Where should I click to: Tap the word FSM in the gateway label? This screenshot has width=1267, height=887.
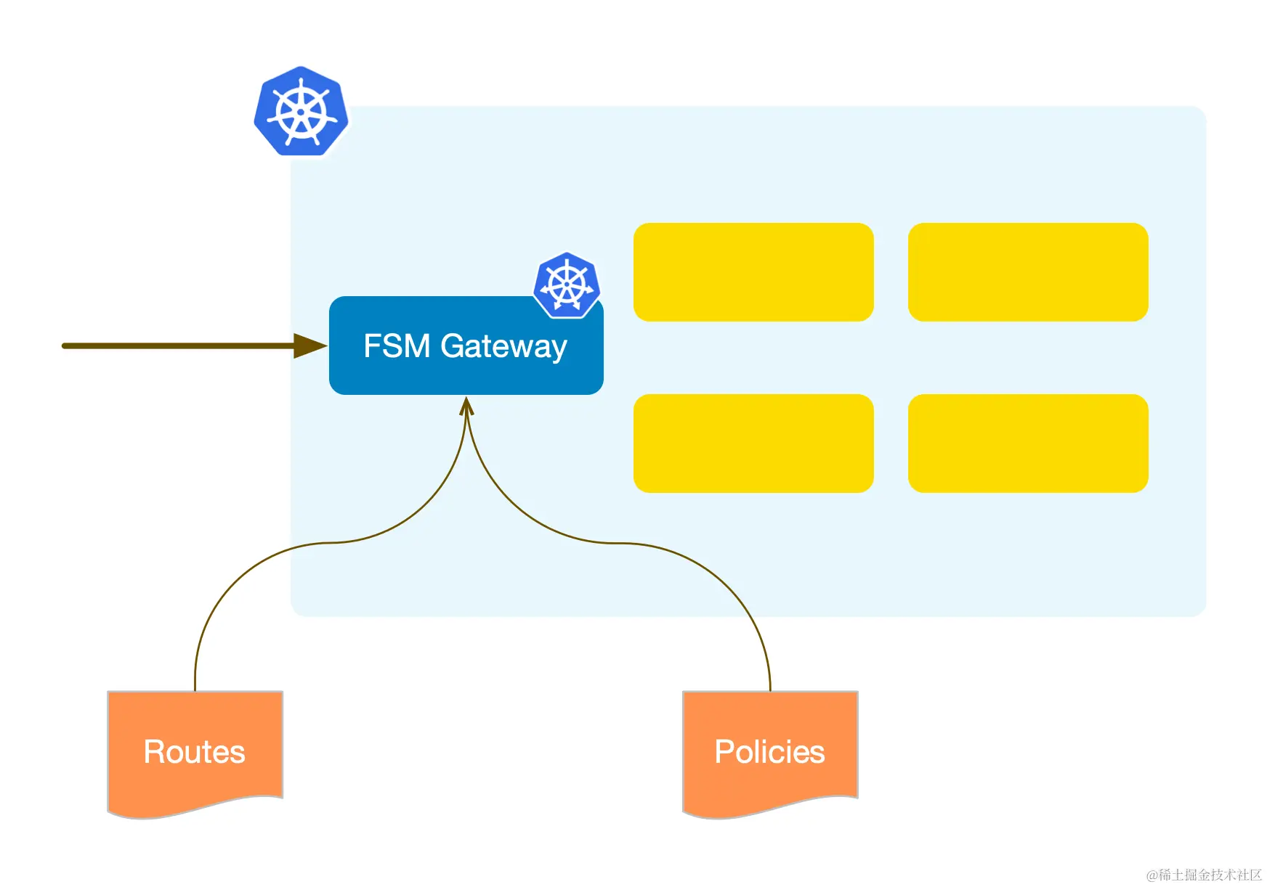(397, 346)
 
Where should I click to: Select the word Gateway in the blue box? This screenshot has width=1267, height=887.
(503, 347)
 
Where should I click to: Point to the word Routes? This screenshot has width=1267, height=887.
(195, 752)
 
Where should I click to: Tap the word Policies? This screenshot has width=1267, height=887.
(769, 752)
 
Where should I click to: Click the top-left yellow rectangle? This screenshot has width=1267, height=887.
(753, 272)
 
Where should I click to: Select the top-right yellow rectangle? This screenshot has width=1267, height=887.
(1028, 272)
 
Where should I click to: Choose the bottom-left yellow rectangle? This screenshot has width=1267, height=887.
(753, 444)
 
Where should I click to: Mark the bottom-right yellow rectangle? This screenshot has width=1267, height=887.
(1028, 444)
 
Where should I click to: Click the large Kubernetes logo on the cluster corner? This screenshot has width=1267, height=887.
(301, 112)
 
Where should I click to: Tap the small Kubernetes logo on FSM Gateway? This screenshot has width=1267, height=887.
(567, 285)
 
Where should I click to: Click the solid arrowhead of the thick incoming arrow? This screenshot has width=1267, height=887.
(309, 346)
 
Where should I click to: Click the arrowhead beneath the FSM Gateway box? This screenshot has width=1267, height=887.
(466, 405)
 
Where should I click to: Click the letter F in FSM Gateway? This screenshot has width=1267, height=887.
(371, 346)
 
